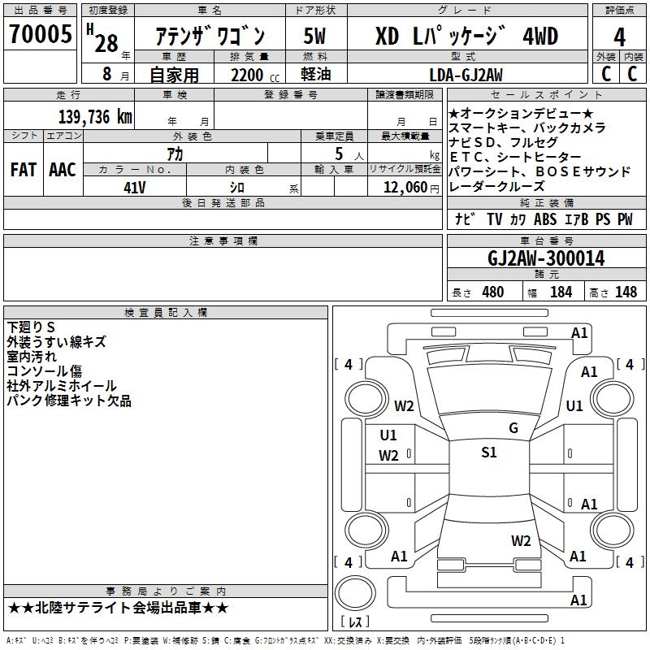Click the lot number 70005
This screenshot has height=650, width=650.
(x=39, y=34)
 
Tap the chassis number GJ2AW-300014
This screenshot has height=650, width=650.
(x=546, y=258)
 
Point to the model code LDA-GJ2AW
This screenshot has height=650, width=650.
(x=466, y=75)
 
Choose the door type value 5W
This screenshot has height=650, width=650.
(x=315, y=37)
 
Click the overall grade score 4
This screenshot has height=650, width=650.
(x=619, y=37)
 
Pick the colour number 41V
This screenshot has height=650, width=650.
(x=135, y=188)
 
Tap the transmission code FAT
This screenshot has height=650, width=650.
(x=23, y=170)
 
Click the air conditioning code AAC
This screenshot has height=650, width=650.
(x=63, y=170)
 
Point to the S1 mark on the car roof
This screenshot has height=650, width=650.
(x=488, y=453)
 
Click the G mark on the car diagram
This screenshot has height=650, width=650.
(x=513, y=428)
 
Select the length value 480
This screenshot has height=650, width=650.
(x=492, y=292)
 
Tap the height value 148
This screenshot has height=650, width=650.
(x=626, y=292)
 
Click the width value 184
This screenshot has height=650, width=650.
(x=561, y=292)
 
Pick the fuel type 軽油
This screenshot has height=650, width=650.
(x=315, y=75)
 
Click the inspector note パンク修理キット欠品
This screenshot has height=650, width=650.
(x=68, y=401)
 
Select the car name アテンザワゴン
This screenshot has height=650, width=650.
(x=210, y=37)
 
